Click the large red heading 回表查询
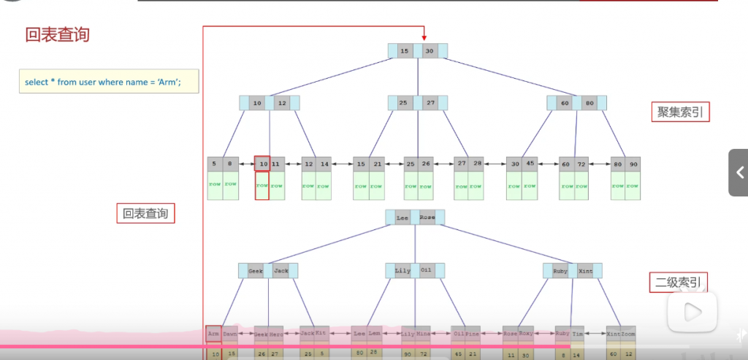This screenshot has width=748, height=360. pyautogui.click(x=58, y=34)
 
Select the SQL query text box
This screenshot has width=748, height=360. pyautogui.click(x=109, y=82)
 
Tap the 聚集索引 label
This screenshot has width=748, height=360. pyautogui.click(x=679, y=112)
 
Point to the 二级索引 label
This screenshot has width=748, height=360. pyautogui.click(x=679, y=283)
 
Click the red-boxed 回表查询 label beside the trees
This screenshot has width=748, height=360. pyautogui.click(x=145, y=213)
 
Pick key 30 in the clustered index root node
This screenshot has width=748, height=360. pyautogui.click(x=430, y=51)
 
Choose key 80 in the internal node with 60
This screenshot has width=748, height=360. pyautogui.click(x=589, y=103)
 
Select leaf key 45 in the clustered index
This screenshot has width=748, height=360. pyautogui.click(x=530, y=164)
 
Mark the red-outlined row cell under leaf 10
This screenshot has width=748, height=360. pyautogui.click(x=262, y=186)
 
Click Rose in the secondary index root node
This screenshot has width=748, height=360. pyautogui.click(x=427, y=218)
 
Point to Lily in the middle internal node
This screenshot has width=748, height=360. pyautogui.click(x=402, y=271)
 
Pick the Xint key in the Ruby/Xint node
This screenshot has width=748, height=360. pyautogui.click(x=585, y=271)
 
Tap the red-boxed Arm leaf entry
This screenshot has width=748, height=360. pyautogui.click(x=213, y=334)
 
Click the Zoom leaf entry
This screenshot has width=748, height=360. pyautogui.click(x=628, y=334)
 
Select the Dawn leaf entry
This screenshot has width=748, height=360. pyautogui.click(x=230, y=334)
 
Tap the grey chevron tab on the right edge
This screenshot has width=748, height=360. pyautogui.click(x=739, y=173)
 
